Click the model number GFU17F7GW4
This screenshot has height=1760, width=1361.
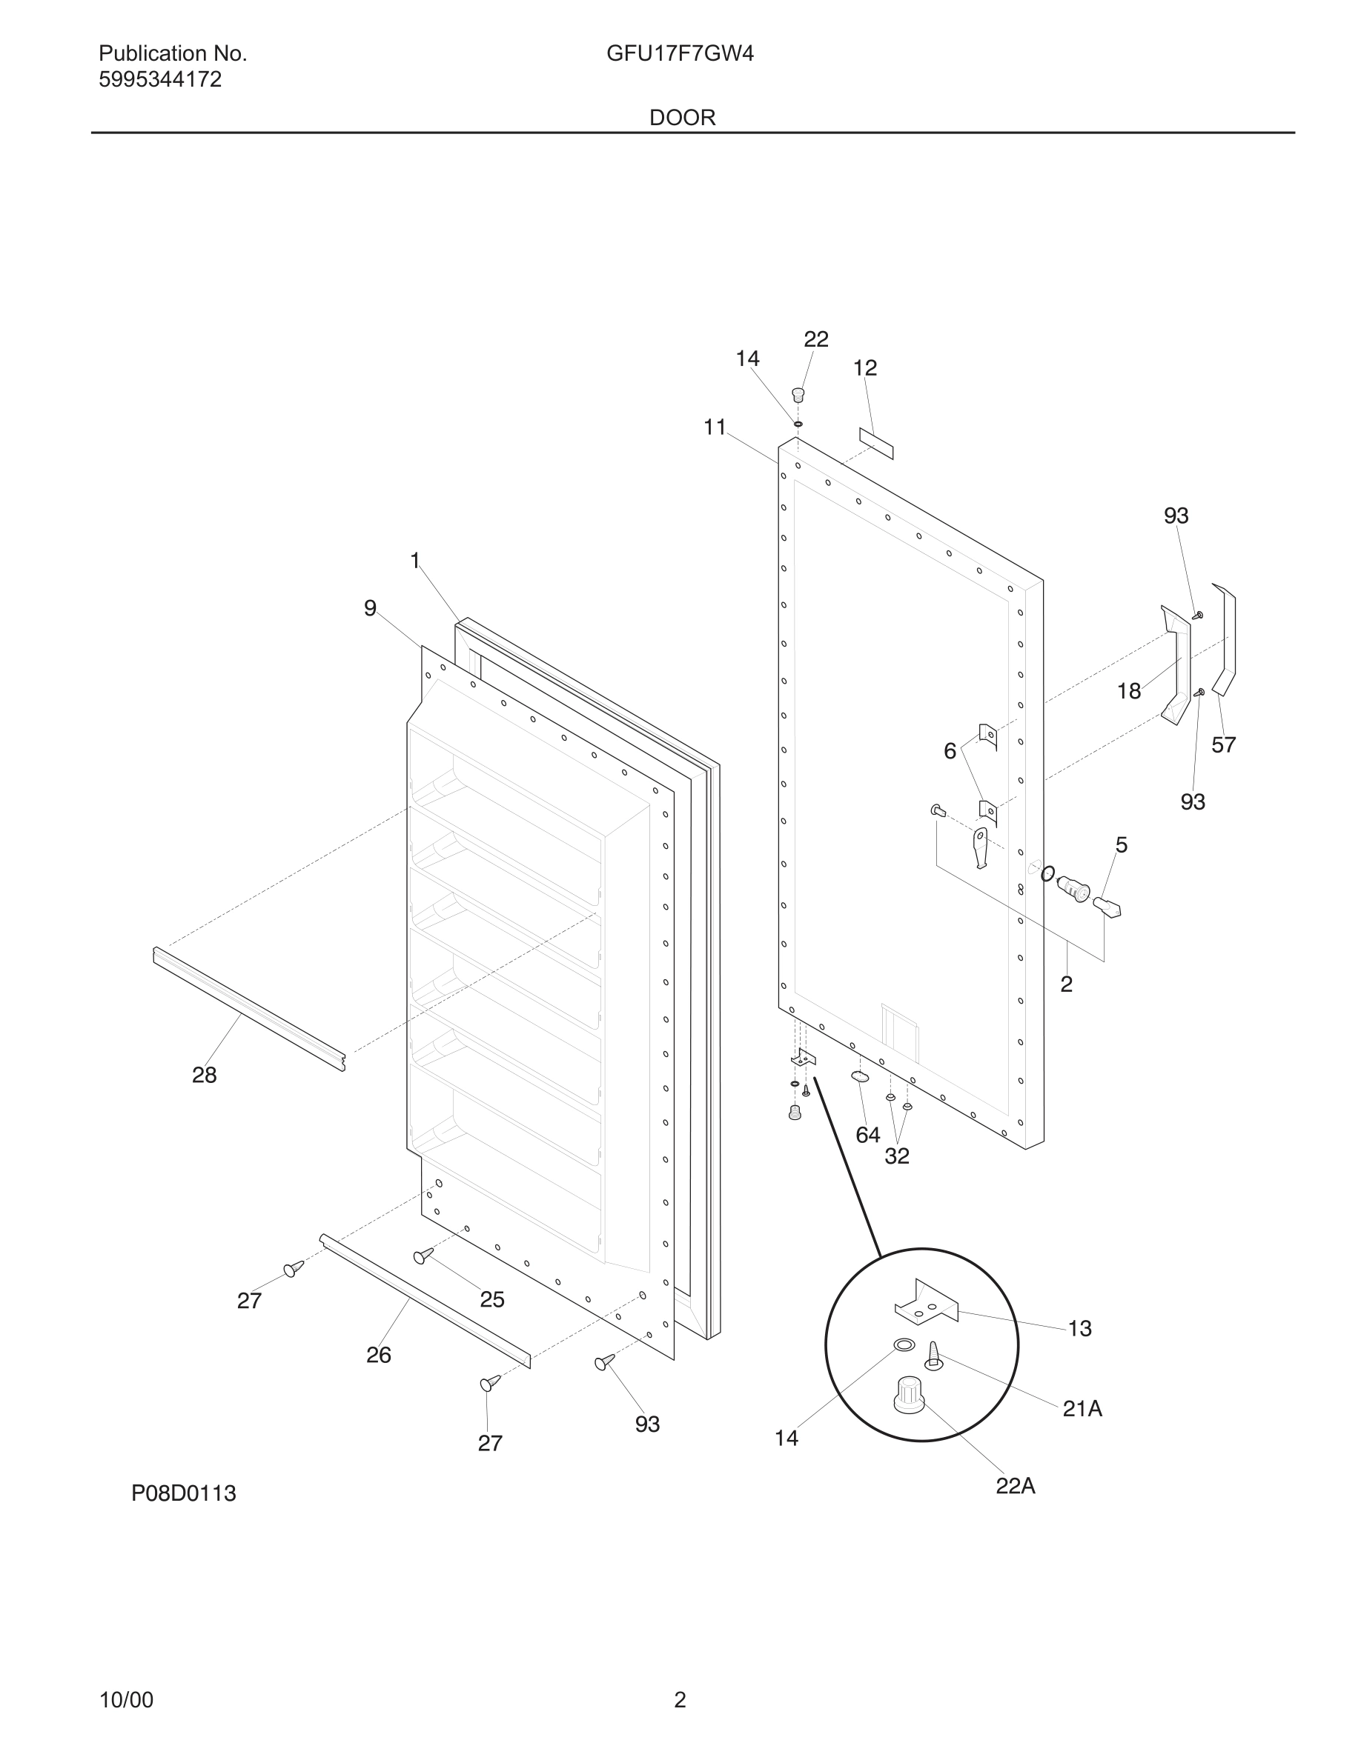coord(680,54)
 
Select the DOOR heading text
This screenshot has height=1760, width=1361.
coord(682,118)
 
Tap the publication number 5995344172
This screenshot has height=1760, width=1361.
coord(159,80)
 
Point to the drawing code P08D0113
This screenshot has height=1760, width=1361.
coord(184,1493)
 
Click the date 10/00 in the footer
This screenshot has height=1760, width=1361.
coord(126,1699)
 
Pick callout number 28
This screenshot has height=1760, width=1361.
coord(204,1074)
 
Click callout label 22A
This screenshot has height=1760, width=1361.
coord(1015,1485)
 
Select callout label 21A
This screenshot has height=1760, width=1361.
coord(1082,1408)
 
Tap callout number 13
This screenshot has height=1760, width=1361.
coord(1079,1327)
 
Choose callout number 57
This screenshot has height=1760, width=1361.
coord(1223,744)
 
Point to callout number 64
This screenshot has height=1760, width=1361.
coord(867,1135)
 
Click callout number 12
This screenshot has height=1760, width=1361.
coord(864,367)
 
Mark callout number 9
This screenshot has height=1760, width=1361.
coord(370,607)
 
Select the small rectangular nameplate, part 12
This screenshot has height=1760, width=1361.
coord(876,443)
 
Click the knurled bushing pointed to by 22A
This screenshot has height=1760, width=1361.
coord(908,1393)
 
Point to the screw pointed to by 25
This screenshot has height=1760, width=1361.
coord(423,1256)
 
